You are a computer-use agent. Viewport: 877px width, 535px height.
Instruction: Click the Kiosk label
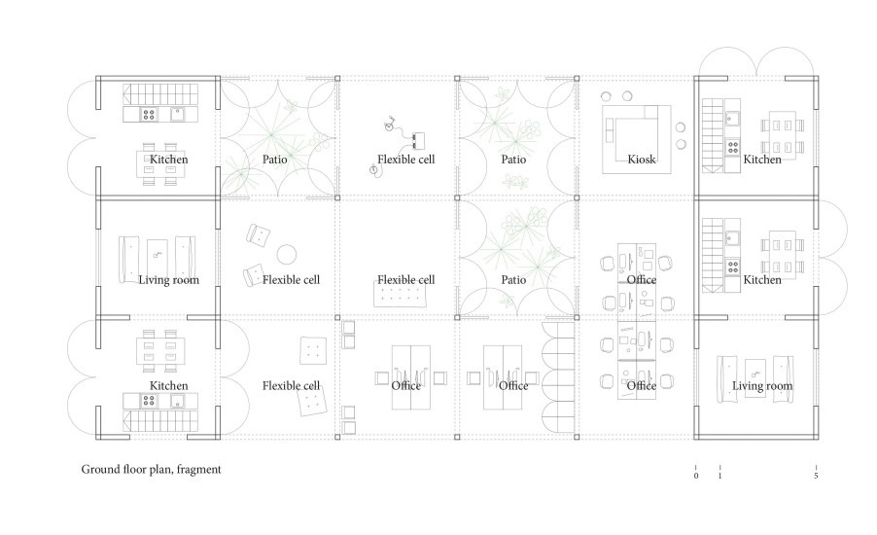[641, 160]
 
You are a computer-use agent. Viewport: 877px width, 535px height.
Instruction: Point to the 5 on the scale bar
[816, 476]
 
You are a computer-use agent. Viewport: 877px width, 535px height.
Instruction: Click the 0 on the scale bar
[696, 476]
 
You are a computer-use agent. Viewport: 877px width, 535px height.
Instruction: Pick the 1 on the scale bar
[719, 476]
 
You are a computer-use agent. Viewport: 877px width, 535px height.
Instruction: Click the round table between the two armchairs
[287, 255]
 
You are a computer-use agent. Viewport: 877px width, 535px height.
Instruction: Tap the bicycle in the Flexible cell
[389, 124]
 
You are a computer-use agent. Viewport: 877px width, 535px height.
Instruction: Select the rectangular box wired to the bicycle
[418, 138]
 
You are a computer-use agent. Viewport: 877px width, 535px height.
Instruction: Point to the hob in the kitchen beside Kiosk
[733, 148]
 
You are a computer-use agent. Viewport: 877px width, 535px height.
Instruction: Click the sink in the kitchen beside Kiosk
[733, 119]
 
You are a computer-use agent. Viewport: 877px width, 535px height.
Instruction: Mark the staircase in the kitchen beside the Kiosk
[713, 135]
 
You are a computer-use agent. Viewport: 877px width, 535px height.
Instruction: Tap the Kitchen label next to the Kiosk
[761, 160]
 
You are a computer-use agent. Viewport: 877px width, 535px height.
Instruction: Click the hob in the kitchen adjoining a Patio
[148, 115]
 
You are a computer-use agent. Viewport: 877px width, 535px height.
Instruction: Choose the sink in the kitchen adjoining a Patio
[177, 115]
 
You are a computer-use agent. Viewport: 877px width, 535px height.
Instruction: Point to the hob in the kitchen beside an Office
[733, 267]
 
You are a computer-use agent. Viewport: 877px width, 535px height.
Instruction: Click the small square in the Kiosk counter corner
[651, 112]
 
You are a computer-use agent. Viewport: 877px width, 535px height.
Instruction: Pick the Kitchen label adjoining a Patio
[168, 160]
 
